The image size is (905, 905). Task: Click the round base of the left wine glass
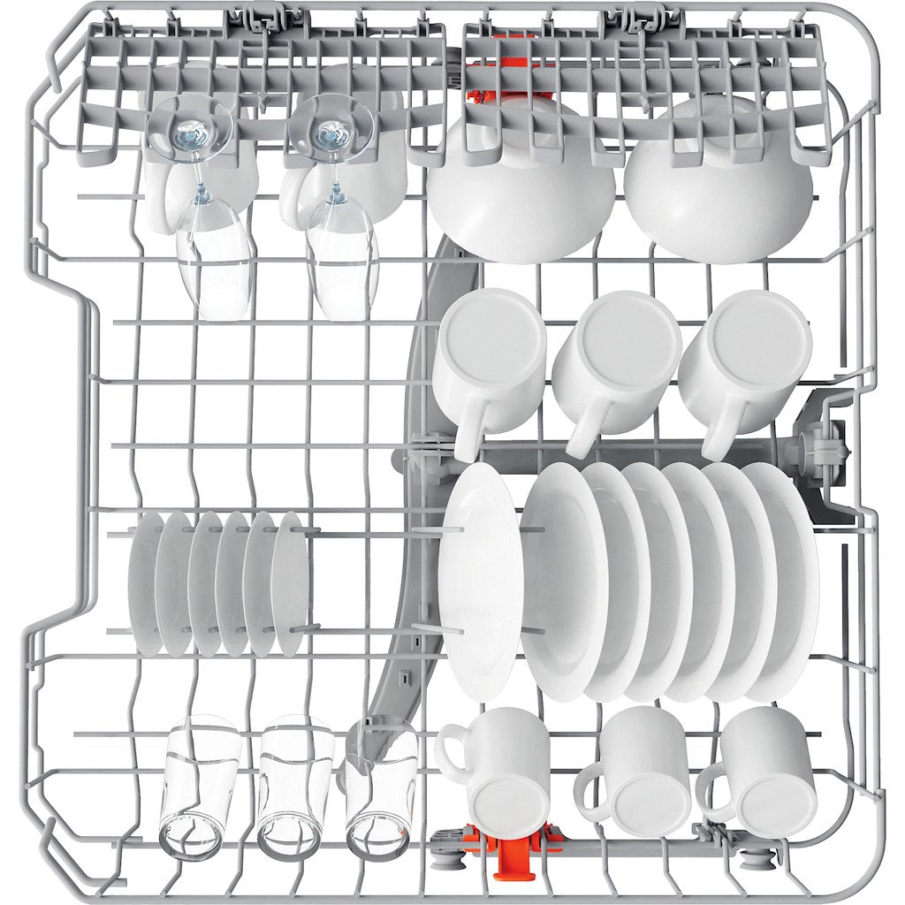point(192,133)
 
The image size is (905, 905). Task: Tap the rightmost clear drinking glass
point(380,787)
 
